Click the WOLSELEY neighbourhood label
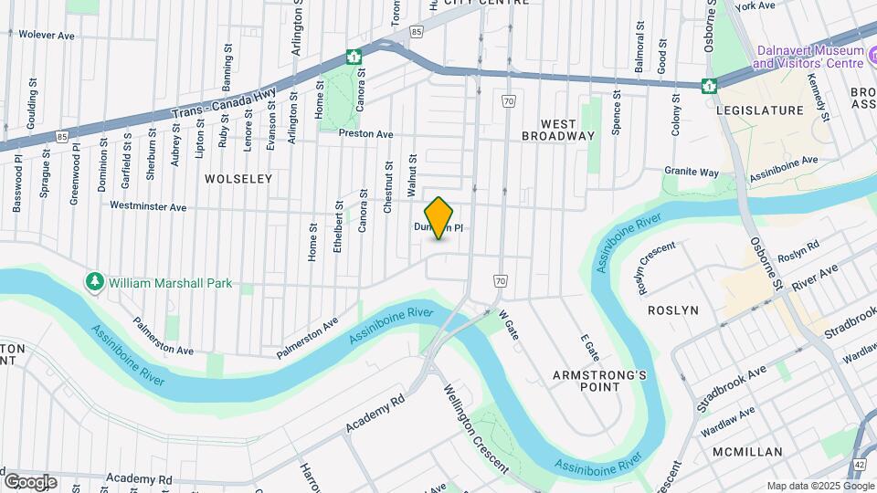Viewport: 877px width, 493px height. [238, 179]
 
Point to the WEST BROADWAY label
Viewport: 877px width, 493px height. [558, 130]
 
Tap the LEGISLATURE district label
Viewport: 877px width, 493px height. [760, 110]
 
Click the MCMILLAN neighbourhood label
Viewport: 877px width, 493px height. [747, 452]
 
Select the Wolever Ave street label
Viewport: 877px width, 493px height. [46, 35]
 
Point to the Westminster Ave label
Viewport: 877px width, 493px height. [148, 206]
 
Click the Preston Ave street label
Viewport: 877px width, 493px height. [365, 133]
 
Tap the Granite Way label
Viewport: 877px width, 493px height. [692, 172]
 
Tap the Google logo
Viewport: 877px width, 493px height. [30, 482]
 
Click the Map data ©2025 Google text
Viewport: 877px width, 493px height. [819, 486]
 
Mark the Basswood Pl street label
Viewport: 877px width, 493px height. [18, 183]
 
